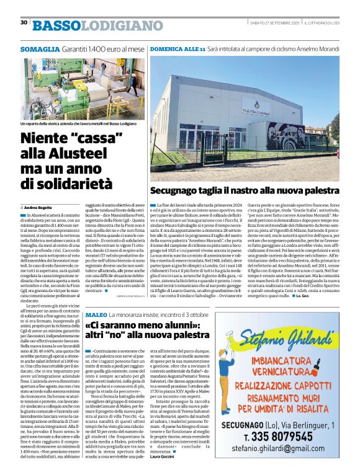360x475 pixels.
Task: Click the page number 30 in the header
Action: click(x=24, y=22)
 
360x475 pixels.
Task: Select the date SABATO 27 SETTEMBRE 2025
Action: click(x=276, y=23)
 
